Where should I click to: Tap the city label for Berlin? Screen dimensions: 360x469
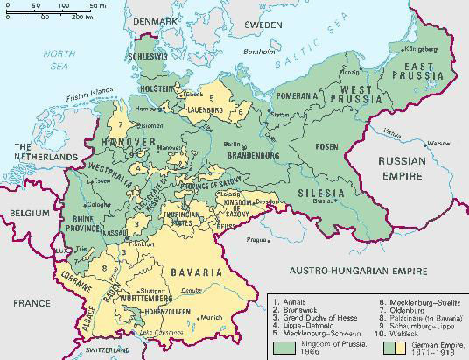click(231, 144)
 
